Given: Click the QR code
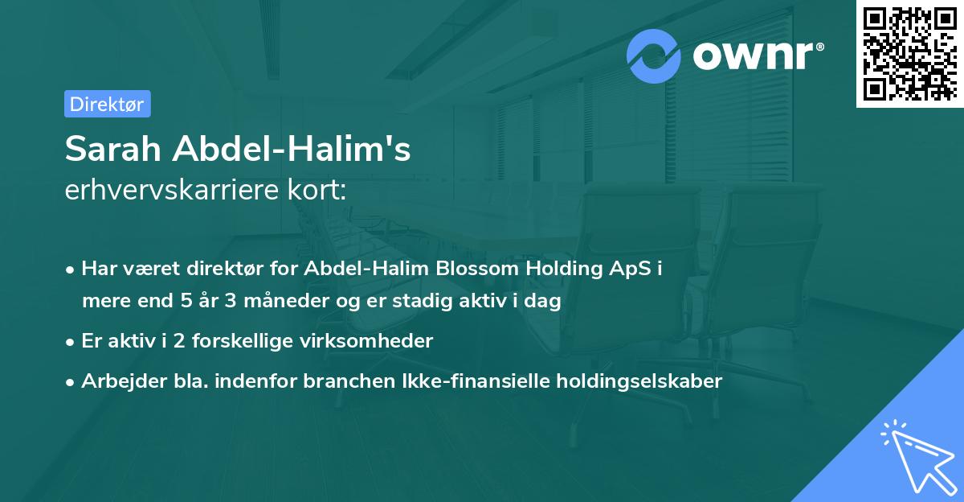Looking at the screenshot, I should click(x=910, y=53).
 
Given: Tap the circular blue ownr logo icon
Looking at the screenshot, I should click(x=654, y=56).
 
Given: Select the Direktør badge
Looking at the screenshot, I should click(x=107, y=104).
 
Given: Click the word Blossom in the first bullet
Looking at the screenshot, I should click(x=476, y=270).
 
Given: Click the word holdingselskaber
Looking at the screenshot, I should click(x=633, y=381).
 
